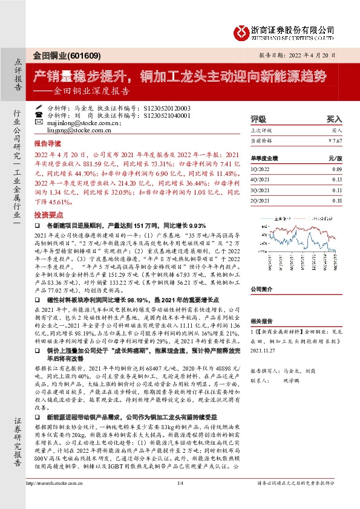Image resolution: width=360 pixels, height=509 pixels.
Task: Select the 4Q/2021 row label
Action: (x=259, y=179)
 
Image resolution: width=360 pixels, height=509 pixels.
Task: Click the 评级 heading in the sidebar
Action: (x=258, y=119)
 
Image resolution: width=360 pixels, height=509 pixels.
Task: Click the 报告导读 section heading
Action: (x=47, y=145)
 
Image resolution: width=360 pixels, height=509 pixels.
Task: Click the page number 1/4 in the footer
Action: (x=180, y=499)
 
